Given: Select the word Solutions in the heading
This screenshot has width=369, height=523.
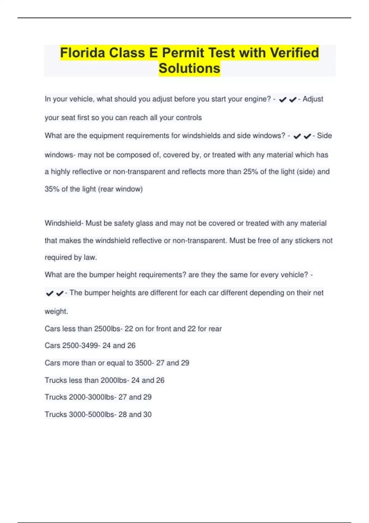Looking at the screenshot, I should (x=189, y=68).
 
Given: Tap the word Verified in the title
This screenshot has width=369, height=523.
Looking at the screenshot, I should (x=294, y=53).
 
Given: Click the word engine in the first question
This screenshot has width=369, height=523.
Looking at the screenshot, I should (x=257, y=99).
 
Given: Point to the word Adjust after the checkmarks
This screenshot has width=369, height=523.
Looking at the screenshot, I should (x=313, y=99).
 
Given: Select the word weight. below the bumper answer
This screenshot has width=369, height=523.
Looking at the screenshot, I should (x=56, y=311).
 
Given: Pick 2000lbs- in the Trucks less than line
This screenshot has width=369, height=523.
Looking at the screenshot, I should (x=115, y=380).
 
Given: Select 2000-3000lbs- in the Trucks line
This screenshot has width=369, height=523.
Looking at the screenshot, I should (x=93, y=397).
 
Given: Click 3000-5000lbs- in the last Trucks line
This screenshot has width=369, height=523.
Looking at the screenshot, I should (x=93, y=414).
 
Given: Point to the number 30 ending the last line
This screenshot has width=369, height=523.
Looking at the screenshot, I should (x=147, y=414).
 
